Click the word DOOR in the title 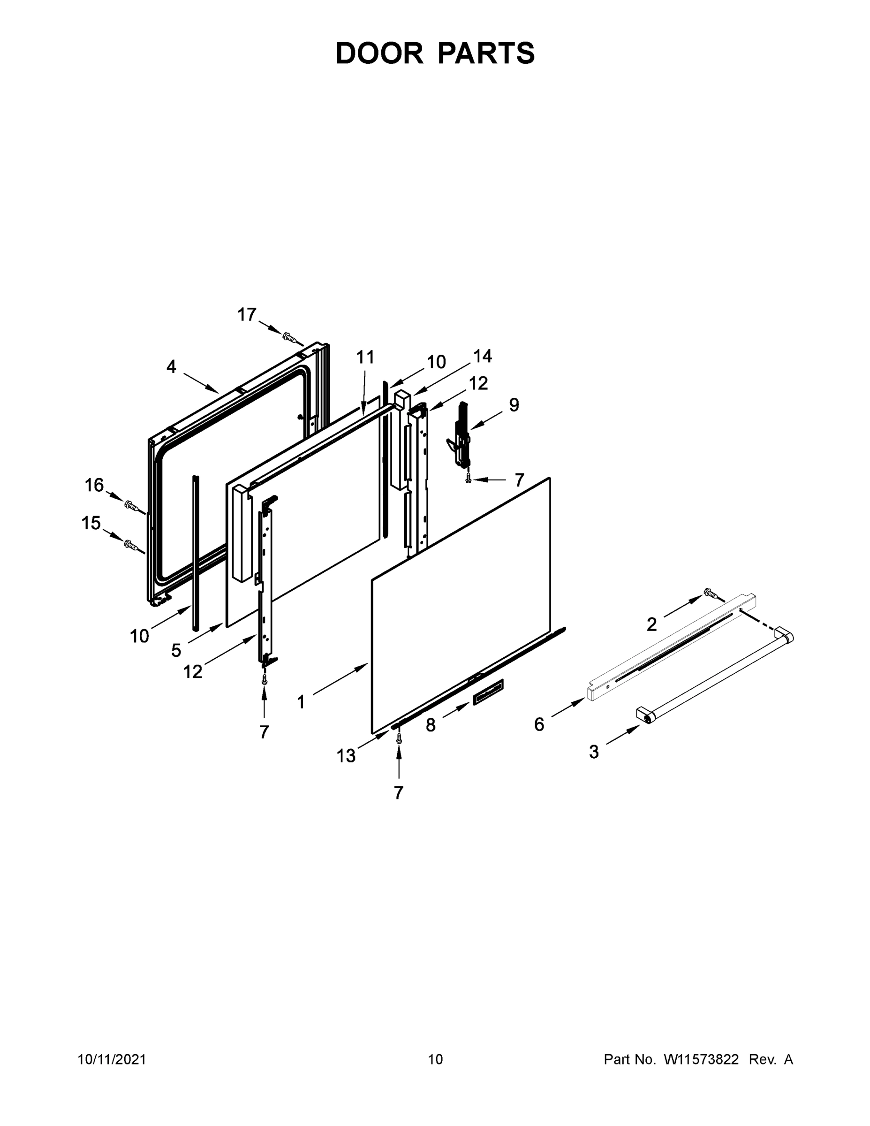379,53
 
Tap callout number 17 247,314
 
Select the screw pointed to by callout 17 290,338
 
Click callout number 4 171,366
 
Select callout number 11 365,357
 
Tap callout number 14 483,356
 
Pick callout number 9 514,405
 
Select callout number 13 346,756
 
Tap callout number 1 301,702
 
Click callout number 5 176,651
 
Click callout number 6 539,724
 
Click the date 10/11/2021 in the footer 112,1059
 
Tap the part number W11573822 701,1059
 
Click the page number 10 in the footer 436,1059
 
